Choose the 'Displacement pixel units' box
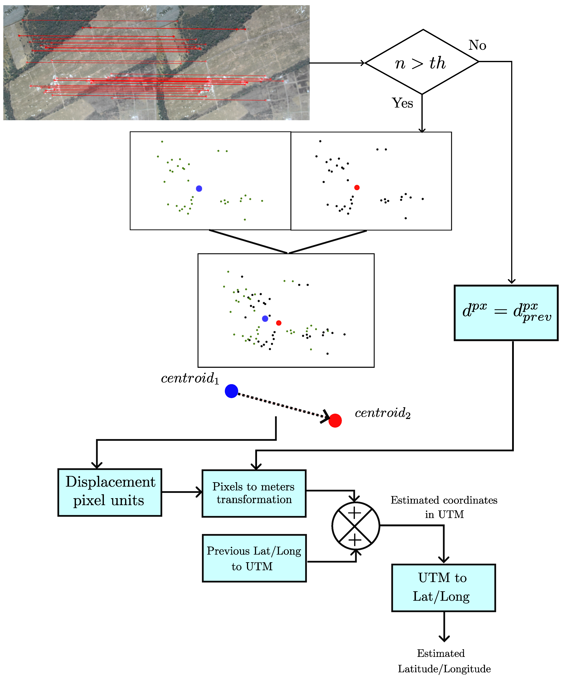[110, 492]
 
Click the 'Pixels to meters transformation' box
[254, 493]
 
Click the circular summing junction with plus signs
[355, 526]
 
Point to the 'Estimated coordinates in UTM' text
[444, 507]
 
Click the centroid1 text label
[190, 378]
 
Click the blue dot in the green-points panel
[199, 188]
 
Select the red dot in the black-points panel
[357, 188]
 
